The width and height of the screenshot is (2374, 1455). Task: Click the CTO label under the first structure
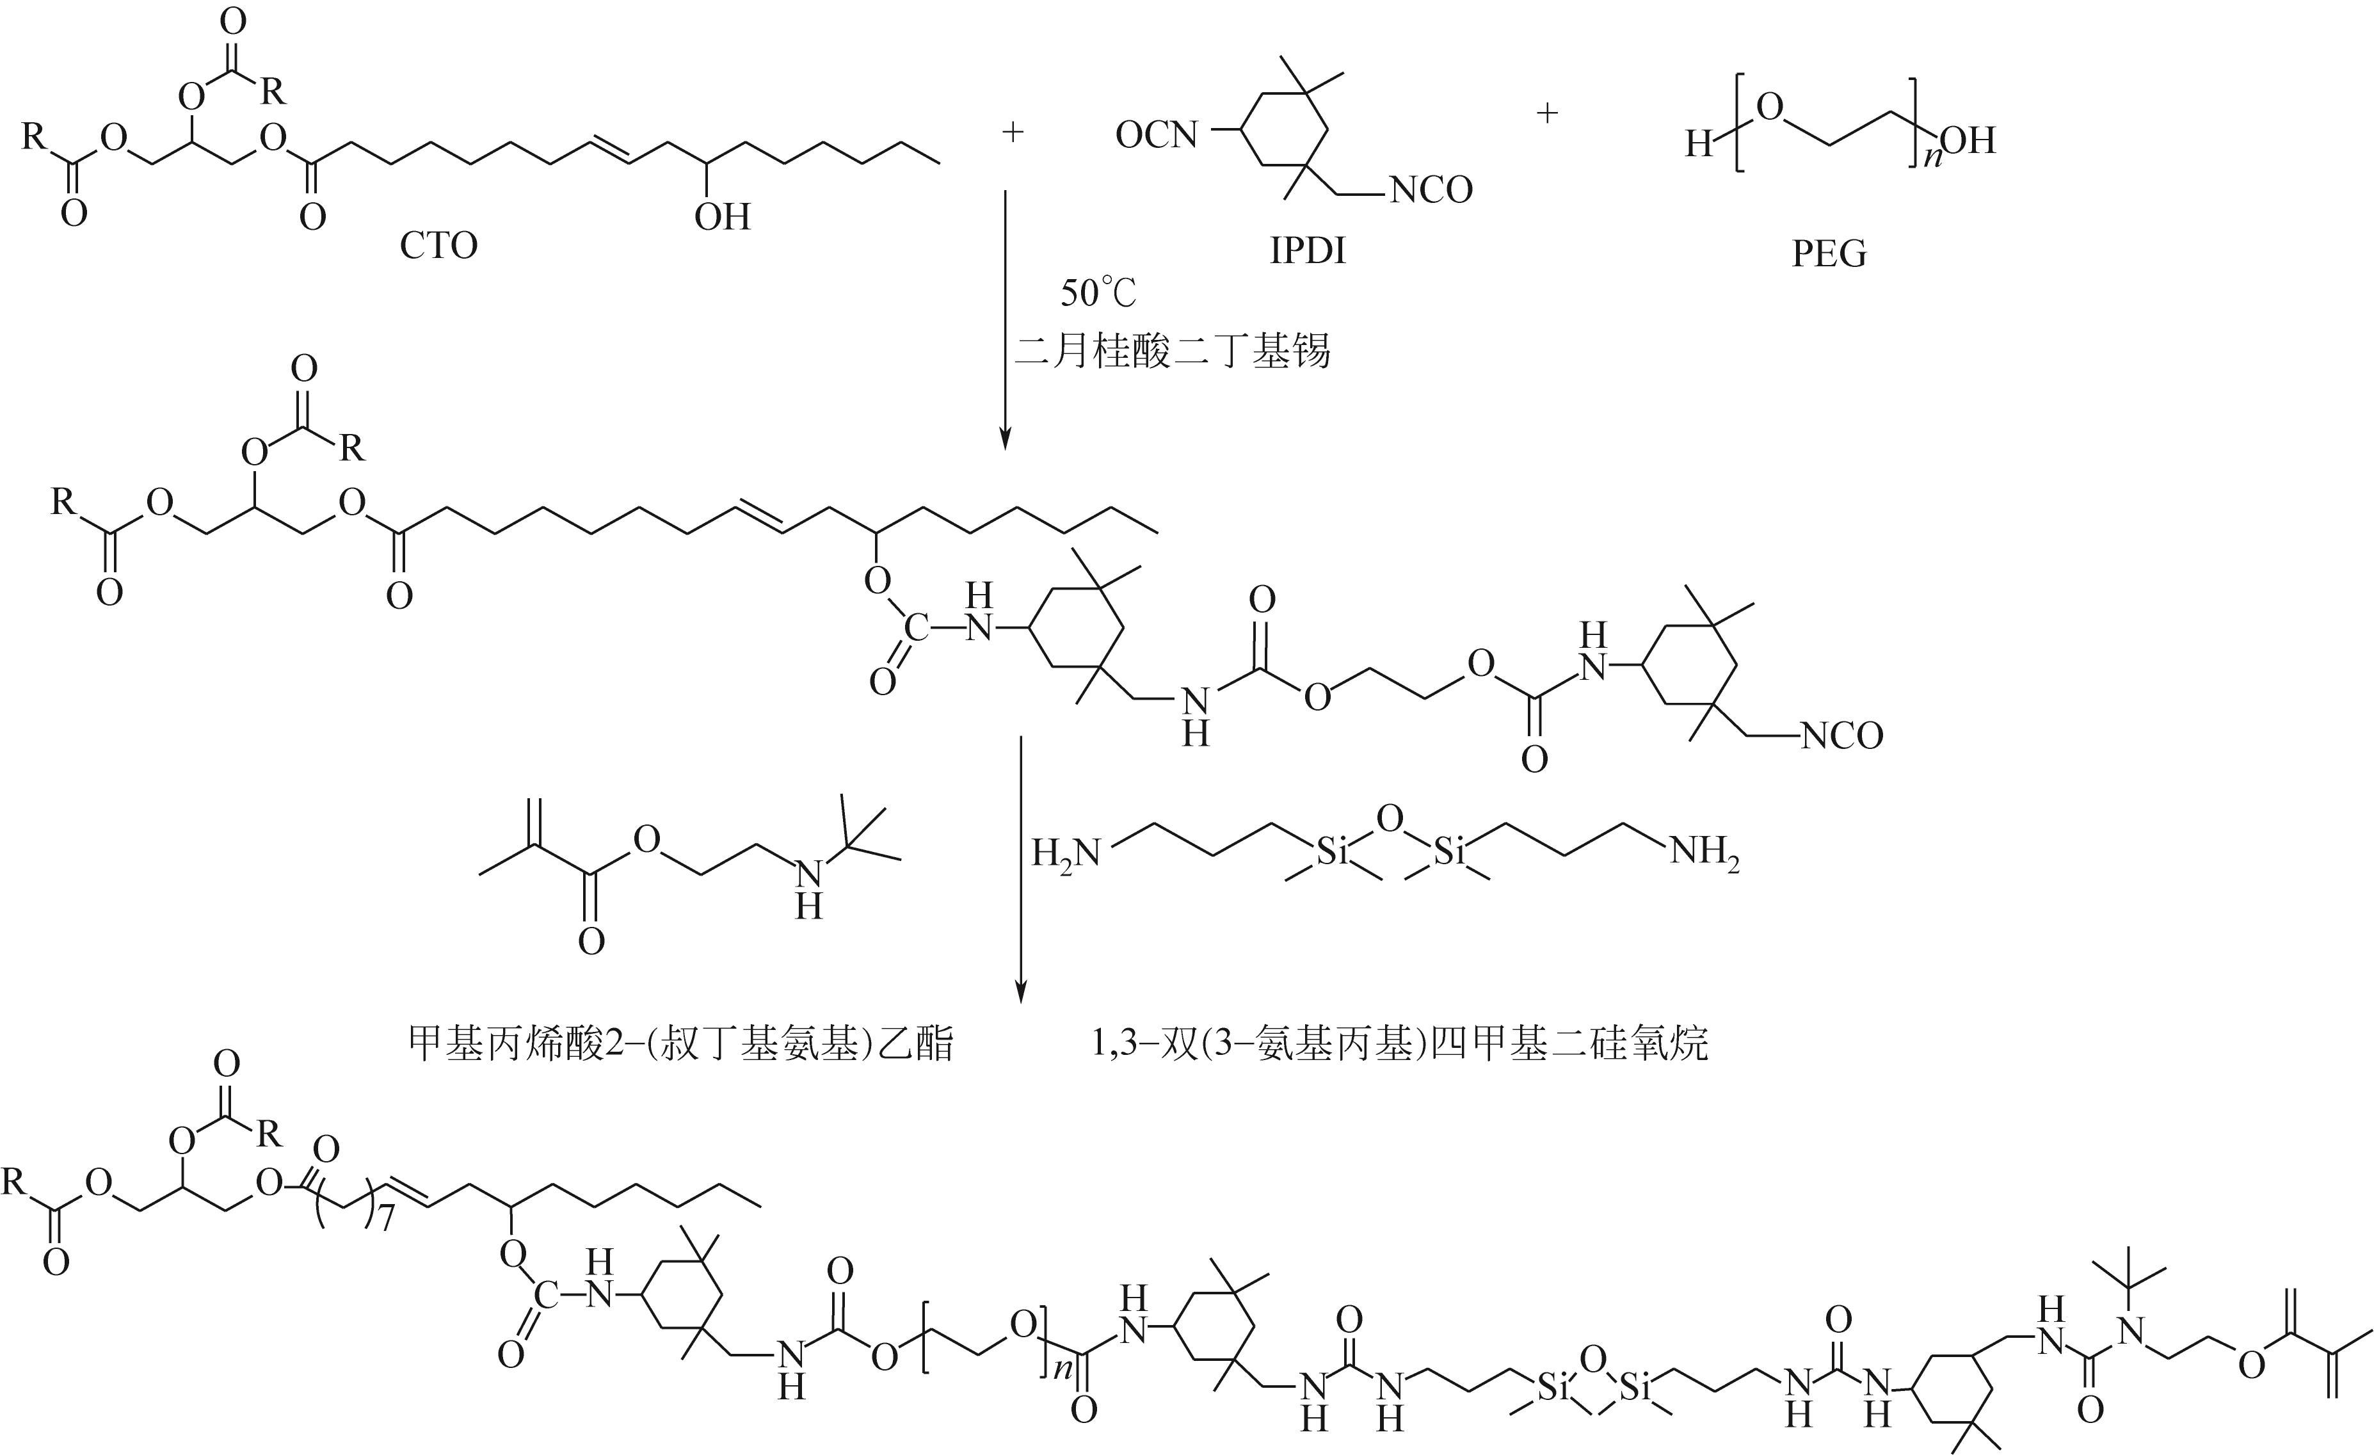[438, 246]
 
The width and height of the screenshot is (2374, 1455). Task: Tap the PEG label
[1829, 253]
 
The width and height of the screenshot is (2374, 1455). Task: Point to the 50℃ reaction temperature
[1098, 292]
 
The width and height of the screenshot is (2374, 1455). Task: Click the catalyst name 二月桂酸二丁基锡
[1173, 351]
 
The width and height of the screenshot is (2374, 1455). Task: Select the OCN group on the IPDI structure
[1156, 135]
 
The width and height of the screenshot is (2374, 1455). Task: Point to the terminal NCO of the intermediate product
[1841, 736]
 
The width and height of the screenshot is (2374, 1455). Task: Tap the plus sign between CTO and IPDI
[1012, 132]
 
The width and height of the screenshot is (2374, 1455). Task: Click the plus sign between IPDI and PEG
[1546, 114]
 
